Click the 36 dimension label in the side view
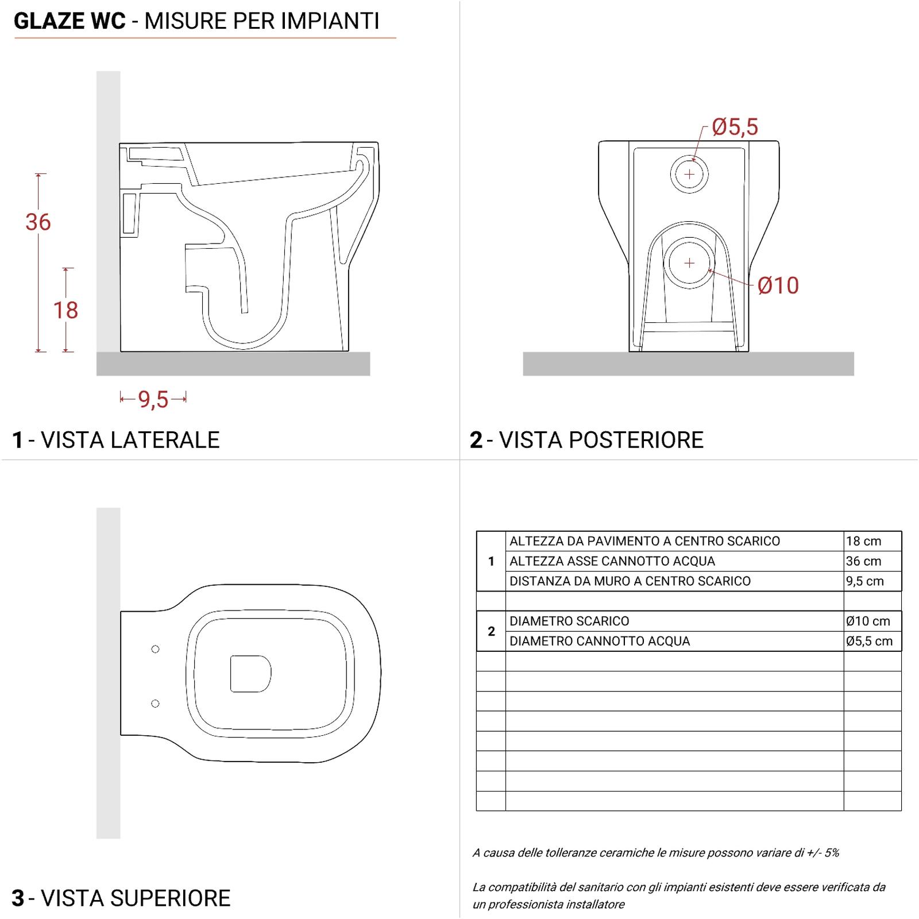click(x=38, y=222)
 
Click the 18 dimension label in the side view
click(x=65, y=310)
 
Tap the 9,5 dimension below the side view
click(x=153, y=399)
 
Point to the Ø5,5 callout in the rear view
click(x=735, y=127)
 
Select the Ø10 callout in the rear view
click(x=778, y=285)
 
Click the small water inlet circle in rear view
click(x=689, y=174)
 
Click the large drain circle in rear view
click(x=689, y=263)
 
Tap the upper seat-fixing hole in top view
click(x=155, y=649)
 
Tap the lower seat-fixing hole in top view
click(x=155, y=704)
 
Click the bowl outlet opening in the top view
click(x=250, y=673)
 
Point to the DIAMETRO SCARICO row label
click(x=569, y=621)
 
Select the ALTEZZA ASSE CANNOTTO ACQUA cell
click(x=612, y=561)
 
